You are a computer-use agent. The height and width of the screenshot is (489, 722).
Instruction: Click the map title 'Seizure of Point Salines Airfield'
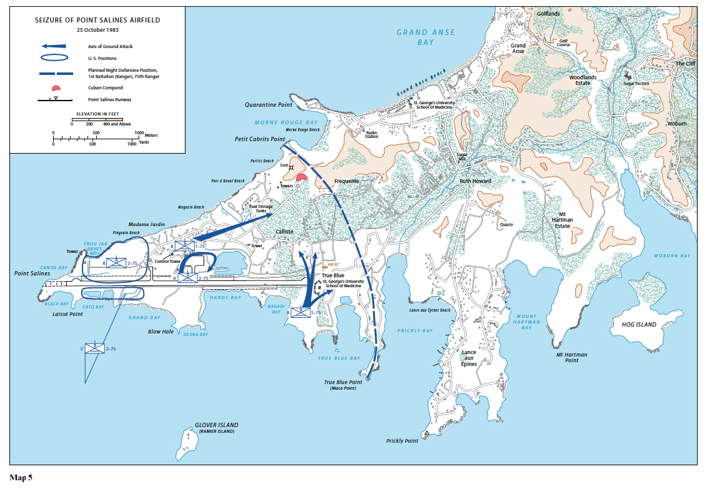pos(97,20)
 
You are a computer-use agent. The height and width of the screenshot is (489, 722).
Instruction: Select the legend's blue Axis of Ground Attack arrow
pos(55,46)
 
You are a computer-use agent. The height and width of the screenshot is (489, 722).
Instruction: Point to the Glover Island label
pos(216,425)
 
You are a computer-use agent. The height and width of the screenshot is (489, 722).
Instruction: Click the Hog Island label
pos(639,325)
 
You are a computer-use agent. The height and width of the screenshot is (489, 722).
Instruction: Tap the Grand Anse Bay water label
pos(426,37)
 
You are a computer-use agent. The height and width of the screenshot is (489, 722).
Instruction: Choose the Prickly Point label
pos(402,441)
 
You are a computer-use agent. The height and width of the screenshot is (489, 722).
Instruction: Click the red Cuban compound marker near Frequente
pos(302,177)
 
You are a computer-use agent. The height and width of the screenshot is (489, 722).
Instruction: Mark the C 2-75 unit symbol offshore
pos(95,348)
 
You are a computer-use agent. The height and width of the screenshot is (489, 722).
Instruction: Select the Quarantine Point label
pos(269,105)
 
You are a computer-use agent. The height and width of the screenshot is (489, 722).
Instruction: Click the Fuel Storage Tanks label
pos(258,209)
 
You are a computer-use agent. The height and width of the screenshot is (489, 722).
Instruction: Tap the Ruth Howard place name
pos(475,181)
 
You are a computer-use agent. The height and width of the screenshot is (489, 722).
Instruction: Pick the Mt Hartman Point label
pos(571,357)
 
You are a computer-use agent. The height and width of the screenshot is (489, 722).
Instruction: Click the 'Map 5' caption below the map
pos(21,478)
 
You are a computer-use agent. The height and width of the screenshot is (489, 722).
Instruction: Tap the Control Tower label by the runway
pos(167,262)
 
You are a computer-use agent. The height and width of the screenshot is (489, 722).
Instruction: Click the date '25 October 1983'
pos(97,29)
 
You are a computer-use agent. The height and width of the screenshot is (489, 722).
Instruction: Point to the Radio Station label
pos(372,134)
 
